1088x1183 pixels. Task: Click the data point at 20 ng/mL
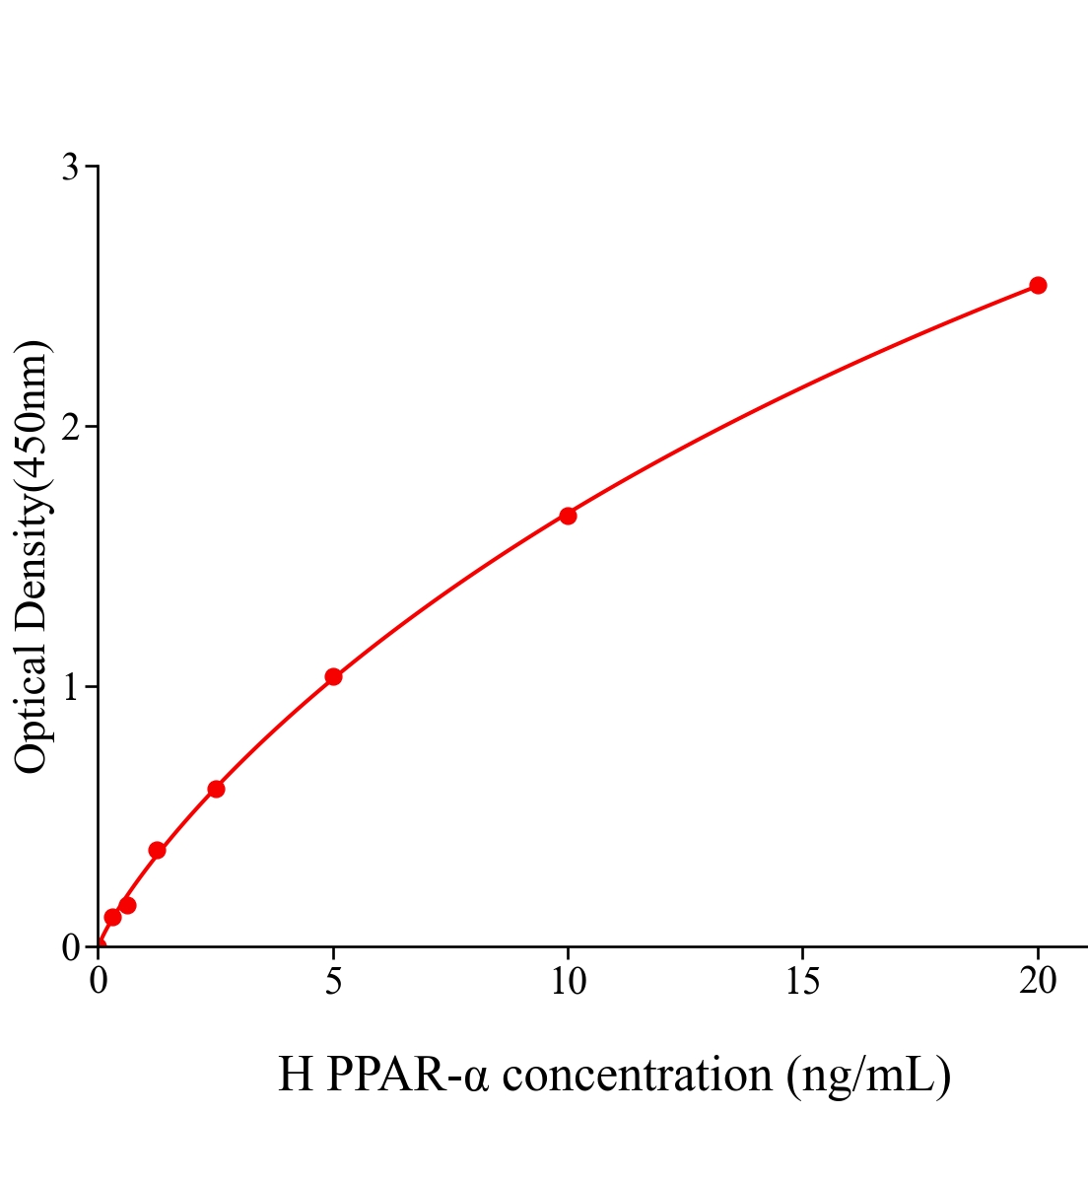click(x=1037, y=286)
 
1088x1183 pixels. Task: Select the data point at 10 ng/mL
click(x=568, y=516)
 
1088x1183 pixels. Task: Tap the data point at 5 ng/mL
click(x=333, y=676)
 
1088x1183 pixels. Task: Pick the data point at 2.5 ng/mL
click(x=216, y=789)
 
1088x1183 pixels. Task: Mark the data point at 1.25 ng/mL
click(x=157, y=850)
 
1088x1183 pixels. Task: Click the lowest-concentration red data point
click(x=112, y=917)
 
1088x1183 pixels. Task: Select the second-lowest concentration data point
click(x=127, y=905)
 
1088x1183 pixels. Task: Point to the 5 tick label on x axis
click(x=333, y=982)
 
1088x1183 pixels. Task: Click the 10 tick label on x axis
click(x=568, y=982)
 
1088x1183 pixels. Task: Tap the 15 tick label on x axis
click(x=802, y=982)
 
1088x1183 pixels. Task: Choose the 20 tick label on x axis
click(x=1037, y=982)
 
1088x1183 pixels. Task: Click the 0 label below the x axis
click(x=99, y=982)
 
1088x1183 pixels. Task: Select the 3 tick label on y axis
click(x=70, y=168)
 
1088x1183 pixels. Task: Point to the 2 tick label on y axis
click(x=70, y=427)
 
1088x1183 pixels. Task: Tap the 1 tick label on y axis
click(x=70, y=687)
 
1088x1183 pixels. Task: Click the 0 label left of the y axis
click(x=70, y=947)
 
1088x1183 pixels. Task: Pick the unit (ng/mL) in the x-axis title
click(x=868, y=1075)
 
